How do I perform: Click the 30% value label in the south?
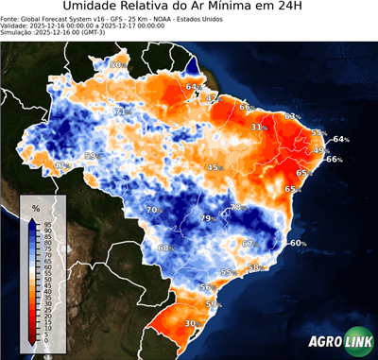(x=191, y=323)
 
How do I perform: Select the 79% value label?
(x=207, y=218)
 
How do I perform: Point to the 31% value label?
(x=257, y=127)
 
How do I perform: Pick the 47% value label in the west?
(x=61, y=165)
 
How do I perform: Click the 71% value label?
(x=121, y=111)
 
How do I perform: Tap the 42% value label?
(x=212, y=97)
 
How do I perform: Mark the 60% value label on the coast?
(x=298, y=243)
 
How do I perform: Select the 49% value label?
(x=320, y=150)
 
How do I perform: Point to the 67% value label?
(x=250, y=244)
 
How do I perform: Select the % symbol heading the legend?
(x=35, y=207)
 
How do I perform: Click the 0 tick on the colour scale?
(x=45, y=340)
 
